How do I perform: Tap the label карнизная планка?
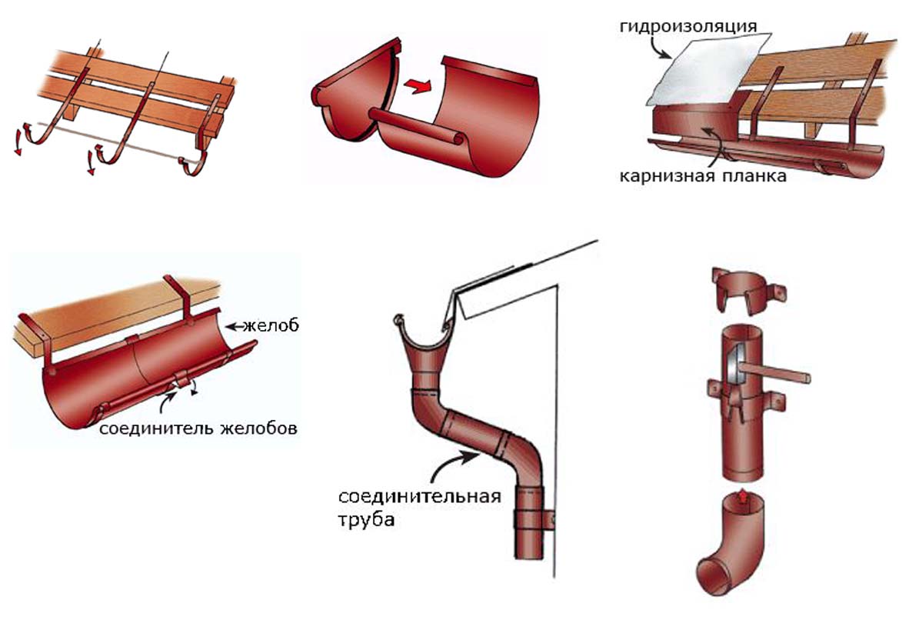[x=703, y=175]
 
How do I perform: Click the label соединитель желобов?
[x=198, y=428]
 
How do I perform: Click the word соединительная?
[x=417, y=496]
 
